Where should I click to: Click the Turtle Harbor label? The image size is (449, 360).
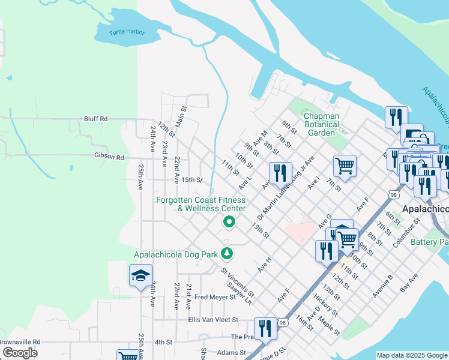pyautogui.click(x=127, y=32)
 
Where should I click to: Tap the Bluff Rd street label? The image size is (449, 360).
pyautogui.click(x=95, y=119)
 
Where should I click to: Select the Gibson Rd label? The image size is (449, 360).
pyautogui.click(x=109, y=157)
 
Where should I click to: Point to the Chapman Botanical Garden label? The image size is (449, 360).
pyautogui.click(x=321, y=124)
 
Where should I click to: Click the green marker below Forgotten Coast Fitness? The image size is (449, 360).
pyautogui.click(x=229, y=223)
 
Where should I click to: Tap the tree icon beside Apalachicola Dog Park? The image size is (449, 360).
pyautogui.click(x=226, y=254)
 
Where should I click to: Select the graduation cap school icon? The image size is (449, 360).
pyautogui.click(x=140, y=276)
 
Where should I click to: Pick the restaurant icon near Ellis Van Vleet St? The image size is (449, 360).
pyautogui.click(x=265, y=328)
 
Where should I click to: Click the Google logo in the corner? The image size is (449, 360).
pyautogui.click(x=20, y=353)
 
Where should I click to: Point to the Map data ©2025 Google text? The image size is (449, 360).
pyautogui.click(x=411, y=355)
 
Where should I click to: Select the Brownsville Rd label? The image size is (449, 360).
pyautogui.click(x=19, y=341)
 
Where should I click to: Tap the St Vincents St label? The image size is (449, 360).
pyautogui.click(x=237, y=283)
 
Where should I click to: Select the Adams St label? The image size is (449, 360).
pyautogui.click(x=228, y=353)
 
